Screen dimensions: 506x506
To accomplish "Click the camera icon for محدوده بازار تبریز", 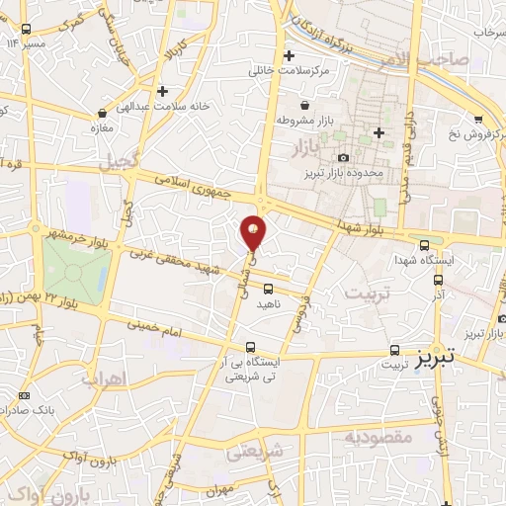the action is [x=343, y=158].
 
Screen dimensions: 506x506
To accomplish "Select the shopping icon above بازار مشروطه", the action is [x=303, y=105].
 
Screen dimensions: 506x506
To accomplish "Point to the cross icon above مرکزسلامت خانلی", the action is [x=289, y=55].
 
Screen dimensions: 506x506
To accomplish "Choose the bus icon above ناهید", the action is [x=268, y=289].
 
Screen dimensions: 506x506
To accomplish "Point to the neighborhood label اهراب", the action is [x=104, y=379].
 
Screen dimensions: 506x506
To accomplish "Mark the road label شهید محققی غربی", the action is [x=191, y=265].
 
